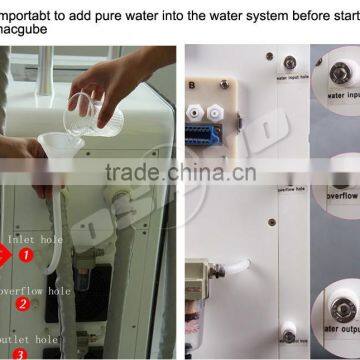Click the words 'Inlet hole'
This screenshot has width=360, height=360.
35,240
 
